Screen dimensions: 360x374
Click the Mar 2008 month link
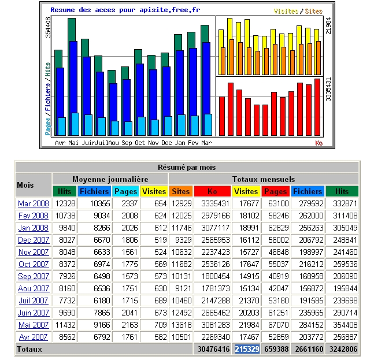(x=34, y=203)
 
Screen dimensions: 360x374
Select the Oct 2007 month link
(x=34, y=264)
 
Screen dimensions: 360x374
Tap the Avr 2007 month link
(x=34, y=337)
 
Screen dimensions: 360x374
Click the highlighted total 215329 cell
(x=246, y=349)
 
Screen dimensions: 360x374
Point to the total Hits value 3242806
(x=342, y=349)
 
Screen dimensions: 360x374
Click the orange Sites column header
(x=180, y=191)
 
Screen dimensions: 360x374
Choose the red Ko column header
(x=212, y=191)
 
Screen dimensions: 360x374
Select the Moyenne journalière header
(x=110, y=179)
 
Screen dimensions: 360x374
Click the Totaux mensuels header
(x=264, y=179)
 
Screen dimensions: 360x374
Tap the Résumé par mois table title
(x=187, y=167)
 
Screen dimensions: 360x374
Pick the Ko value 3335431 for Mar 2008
(x=214, y=203)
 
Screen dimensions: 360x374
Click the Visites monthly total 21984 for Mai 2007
(x=246, y=325)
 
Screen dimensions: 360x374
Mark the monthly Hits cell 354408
(x=342, y=325)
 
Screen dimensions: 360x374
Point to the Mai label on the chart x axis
(x=73, y=143)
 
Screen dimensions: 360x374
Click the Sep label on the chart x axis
(x=127, y=143)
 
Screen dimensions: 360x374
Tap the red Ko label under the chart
(x=318, y=143)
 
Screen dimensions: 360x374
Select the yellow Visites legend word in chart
(x=286, y=11)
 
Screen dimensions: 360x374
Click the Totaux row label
(x=29, y=349)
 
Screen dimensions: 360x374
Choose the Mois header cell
(x=25, y=185)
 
